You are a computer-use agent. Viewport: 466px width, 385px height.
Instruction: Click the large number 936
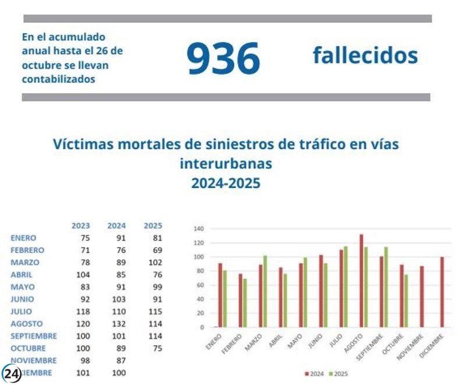click(x=223, y=58)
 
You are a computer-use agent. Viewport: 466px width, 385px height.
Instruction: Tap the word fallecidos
click(x=365, y=56)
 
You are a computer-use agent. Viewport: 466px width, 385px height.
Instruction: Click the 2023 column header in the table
click(x=80, y=225)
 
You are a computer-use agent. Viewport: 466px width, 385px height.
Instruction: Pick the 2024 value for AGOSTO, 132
click(x=119, y=323)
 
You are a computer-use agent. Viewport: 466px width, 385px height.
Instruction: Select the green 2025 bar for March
click(x=264, y=291)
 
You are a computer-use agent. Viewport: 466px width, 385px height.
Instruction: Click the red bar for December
click(x=442, y=292)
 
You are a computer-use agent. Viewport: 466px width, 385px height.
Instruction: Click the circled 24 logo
click(x=12, y=374)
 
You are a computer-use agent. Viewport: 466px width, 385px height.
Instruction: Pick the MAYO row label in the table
click(x=23, y=287)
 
